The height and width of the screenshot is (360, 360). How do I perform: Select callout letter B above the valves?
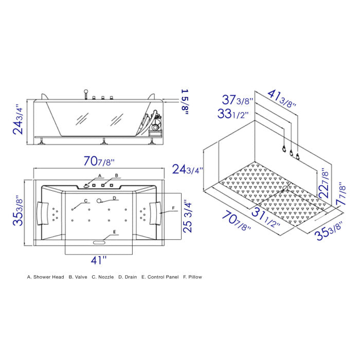(x=116, y=176)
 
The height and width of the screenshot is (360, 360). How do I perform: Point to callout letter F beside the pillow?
(x=173, y=208)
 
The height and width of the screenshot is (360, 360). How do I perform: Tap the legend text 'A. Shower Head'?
(x=46, y=277)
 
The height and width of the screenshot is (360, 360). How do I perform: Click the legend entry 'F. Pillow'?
(x=192, y=277)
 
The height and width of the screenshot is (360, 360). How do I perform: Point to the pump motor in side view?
(x=155, y=123)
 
